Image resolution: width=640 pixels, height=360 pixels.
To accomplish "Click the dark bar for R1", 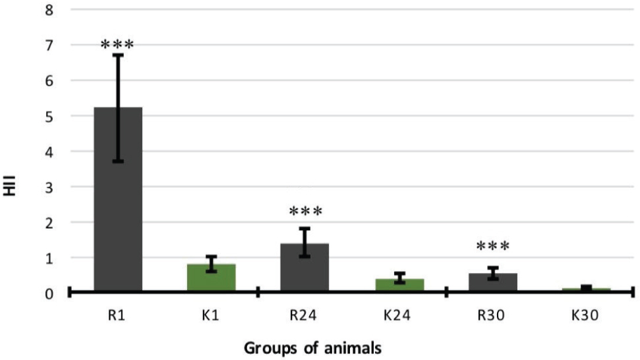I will click(x=118, y=198).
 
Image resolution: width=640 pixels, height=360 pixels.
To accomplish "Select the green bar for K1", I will click(x=211, y=278).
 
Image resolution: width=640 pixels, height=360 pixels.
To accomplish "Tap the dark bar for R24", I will click(x=305, y=267).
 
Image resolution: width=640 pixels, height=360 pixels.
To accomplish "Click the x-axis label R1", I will click(x=118, y=316).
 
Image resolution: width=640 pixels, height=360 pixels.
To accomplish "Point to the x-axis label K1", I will click(x=211, y=316).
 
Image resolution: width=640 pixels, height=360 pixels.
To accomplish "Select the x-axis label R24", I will click(x=305, y=316).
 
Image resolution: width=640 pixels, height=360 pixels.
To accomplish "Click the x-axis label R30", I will click(x=493, y=316).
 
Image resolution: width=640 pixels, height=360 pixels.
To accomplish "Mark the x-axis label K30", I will click(x=586, y=316).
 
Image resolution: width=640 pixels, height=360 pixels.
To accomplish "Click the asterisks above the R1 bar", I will click(x=117, y=45).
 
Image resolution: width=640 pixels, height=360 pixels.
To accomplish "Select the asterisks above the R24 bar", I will click(x=305, y=212).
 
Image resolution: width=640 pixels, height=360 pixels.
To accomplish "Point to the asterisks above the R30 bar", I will click(x=493, y=247).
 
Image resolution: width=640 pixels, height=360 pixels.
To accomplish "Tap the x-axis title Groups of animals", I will click(x=313, y=347).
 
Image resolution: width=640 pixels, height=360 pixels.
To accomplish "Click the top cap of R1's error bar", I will click(x=118, y=55).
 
